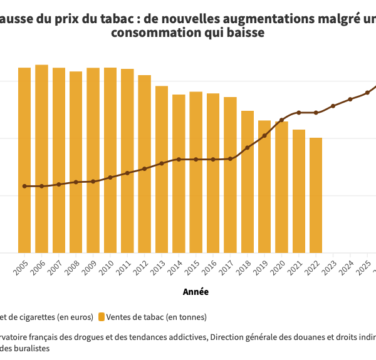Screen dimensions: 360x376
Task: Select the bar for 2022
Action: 316,195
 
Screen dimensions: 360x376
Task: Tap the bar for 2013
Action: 162,169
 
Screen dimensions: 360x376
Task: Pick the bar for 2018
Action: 248,182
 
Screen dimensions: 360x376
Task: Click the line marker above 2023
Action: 333,106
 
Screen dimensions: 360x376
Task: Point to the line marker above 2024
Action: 350,99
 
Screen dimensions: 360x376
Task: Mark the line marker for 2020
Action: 282,120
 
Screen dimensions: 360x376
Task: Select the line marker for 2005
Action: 24,186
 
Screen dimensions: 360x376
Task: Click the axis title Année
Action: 196,292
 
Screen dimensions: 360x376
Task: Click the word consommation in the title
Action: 149,32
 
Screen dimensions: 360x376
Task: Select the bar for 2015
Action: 196,172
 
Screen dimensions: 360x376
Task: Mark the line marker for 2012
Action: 145,168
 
